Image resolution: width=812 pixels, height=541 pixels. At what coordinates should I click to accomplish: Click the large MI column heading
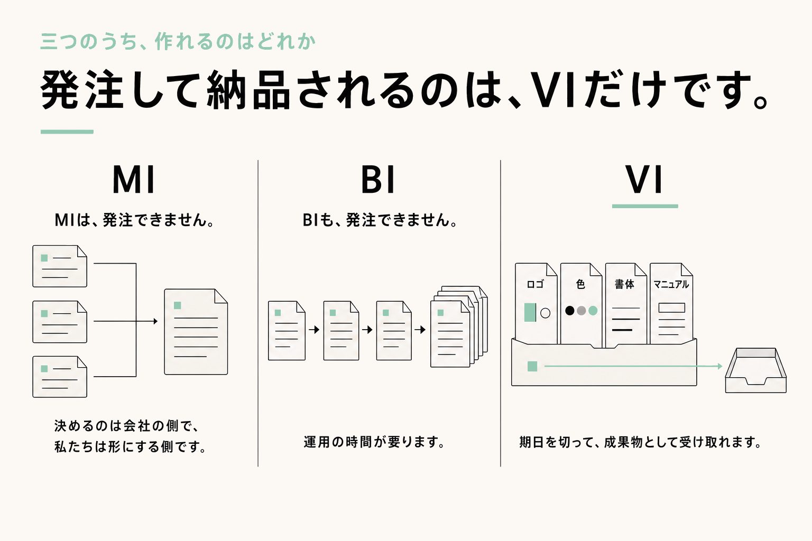(134, 180)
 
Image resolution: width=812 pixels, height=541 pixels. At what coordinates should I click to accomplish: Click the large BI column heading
(378, 180)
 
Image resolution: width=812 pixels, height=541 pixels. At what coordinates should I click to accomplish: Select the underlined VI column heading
(644, 180)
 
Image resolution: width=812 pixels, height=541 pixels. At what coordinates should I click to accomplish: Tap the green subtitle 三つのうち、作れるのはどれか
(178, 41)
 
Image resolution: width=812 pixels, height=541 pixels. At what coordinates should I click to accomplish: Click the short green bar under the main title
(67, 132)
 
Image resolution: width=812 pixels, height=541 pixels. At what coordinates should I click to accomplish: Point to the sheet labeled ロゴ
(536, 304)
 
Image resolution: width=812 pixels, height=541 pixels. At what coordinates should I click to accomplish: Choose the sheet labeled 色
(581, 304)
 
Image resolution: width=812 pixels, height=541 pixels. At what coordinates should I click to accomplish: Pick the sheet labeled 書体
(626, 304)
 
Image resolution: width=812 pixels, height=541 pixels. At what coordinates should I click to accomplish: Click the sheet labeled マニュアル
(671, 304)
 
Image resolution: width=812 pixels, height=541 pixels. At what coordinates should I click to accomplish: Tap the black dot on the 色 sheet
(570, 311)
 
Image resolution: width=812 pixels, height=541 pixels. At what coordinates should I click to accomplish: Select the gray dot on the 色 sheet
(581, 311)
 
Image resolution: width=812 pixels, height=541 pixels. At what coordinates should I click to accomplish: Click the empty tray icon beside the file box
(756, 370)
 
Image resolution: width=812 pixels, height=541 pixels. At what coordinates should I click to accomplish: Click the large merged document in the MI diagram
(196, 332)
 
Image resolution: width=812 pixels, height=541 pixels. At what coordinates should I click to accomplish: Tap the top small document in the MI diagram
(60, 266)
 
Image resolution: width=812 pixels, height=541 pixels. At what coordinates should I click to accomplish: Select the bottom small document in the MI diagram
(60, 377)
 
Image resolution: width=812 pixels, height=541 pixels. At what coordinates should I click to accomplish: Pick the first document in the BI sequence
(287, 331)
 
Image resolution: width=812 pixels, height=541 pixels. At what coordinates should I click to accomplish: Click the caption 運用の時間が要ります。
(374, 442)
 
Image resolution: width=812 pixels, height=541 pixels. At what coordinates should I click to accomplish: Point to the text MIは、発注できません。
(134, 220)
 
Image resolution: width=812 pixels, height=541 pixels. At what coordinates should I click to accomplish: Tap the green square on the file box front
(532, 366)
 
